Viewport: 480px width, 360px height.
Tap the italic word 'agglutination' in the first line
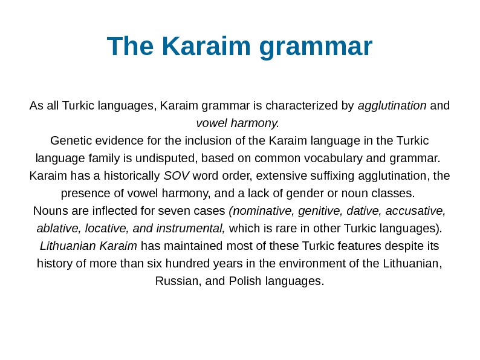[392, 106]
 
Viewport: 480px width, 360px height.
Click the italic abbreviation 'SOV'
[177, 177]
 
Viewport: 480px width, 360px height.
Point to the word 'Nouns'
[50, 212]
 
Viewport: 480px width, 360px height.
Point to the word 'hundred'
[225, 264]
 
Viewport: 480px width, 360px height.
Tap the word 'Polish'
[244, 282]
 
